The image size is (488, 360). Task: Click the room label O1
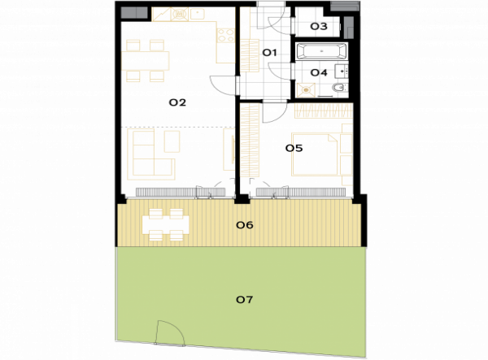[269, 53]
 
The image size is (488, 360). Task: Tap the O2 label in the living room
[177, 102]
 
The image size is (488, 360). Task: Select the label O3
[319, 27]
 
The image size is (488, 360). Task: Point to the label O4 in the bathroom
[319, 73]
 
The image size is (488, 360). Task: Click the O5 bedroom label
[294, 148]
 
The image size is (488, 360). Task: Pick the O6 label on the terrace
[245, 225]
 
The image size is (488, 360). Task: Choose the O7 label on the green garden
[244, 300]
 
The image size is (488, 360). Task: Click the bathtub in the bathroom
[321, 51]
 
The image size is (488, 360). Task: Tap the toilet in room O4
[339, 88]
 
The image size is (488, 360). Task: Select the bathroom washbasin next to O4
[342, 72]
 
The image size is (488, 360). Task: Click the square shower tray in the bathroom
[306, 90]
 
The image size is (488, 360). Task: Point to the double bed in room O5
[314, 154]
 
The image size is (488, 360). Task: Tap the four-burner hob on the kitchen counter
[225, 35]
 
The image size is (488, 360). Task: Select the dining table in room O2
[145, 61]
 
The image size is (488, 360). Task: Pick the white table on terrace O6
[165, 224]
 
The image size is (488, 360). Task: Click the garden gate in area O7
[170, 333]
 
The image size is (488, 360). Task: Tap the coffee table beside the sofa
[172, 141]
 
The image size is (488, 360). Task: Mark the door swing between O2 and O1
[223, 85]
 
